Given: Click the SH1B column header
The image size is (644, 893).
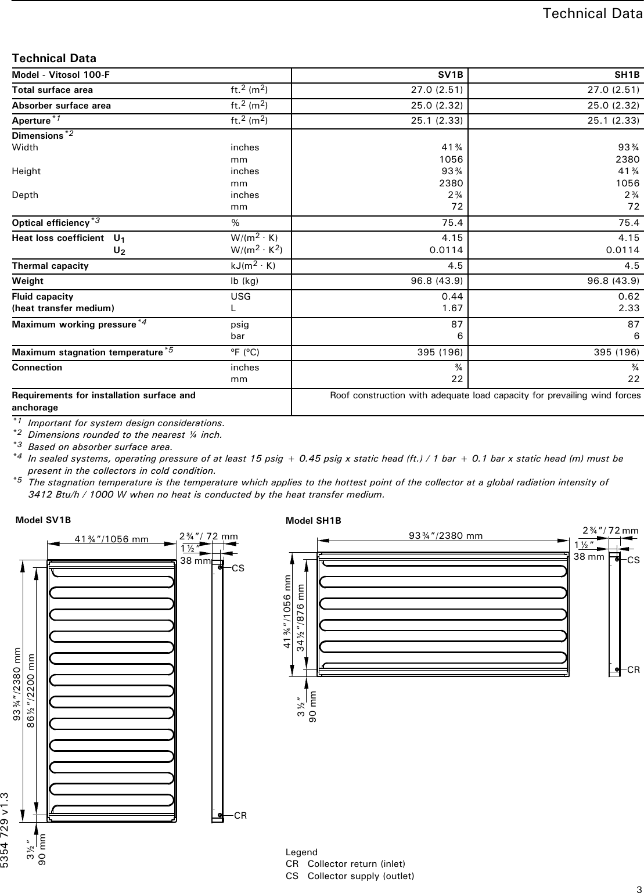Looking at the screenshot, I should (x=627, y=75).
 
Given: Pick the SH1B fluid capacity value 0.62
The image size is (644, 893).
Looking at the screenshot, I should (x=628, y=296).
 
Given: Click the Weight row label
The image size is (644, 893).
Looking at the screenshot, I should (x=28, y=281).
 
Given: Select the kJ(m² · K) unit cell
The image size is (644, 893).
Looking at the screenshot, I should (x=253, y=266).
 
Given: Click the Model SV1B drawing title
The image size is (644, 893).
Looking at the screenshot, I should (x=44, y=520).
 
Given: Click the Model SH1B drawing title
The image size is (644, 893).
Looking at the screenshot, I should (x=314, y=521).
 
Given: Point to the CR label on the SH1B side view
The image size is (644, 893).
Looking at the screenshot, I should (x=633, y=669).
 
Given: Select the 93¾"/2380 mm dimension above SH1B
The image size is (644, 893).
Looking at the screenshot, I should (x=445, y=535).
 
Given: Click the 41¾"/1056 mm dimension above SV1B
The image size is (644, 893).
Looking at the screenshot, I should (x=111, y=538).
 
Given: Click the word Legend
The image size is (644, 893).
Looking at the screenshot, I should (x=301, y=852).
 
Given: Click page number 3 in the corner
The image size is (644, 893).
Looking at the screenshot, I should (x=638, y=888).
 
